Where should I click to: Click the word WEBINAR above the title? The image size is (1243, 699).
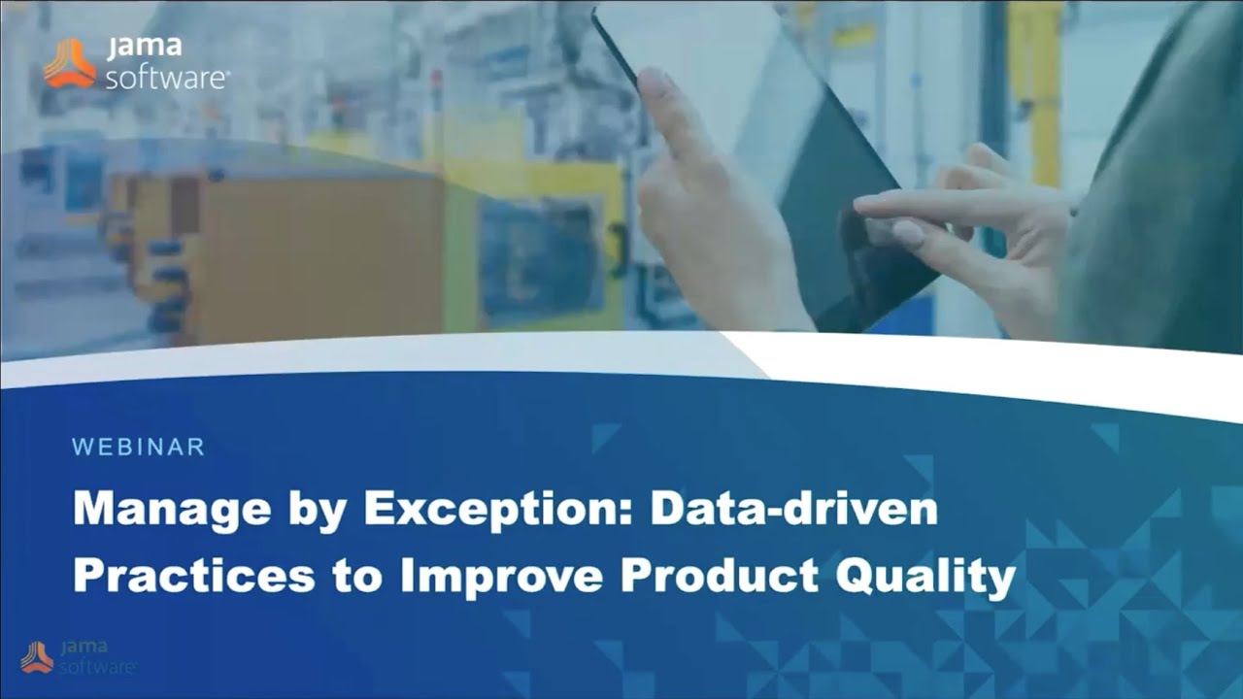pyautogui.click(x=138, y=448)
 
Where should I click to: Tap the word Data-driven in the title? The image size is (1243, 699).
pyautogui.click(x=793, y=510)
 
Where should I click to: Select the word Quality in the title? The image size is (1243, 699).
pyautogui.click(x=924, y=577)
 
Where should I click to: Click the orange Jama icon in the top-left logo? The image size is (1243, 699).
pyautogui.click(x=69, y=63)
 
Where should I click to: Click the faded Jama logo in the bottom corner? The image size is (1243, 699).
pyautogui.click(x=78, y=656)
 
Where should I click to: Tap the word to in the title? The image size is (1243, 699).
pyautogui.click(x=357, y=576)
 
